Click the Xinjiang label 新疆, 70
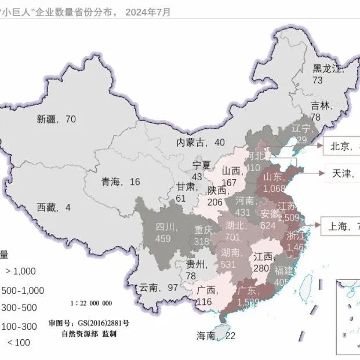(56, 119)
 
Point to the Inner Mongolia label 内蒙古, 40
(201, 143)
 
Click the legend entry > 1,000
(21, 271)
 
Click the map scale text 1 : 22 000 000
(91, 303)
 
